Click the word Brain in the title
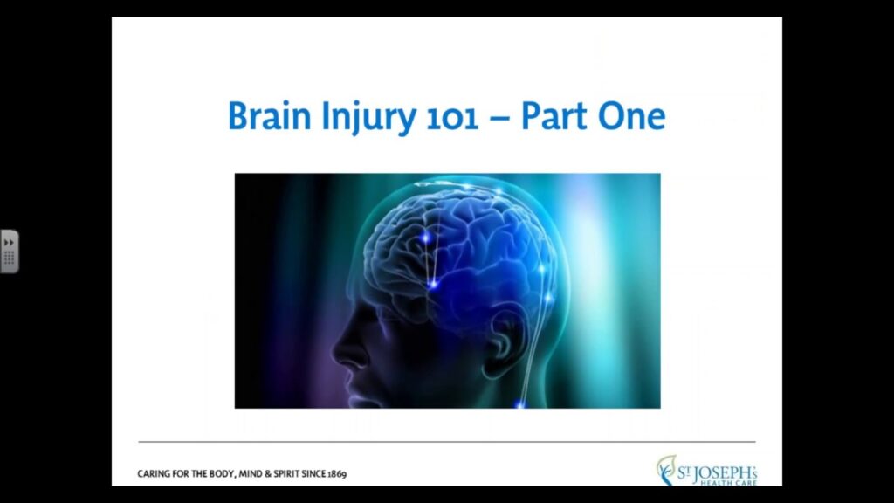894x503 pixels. (x=270, y=116)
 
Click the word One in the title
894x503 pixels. (x=632, y=116)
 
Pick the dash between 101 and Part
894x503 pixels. (x=499, y=119)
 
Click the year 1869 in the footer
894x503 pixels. (x=337, y=474)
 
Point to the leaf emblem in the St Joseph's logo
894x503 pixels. (x=665, y=470)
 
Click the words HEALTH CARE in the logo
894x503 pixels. (x=728, y=483)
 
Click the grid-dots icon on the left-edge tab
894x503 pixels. (x=9, y=258)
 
